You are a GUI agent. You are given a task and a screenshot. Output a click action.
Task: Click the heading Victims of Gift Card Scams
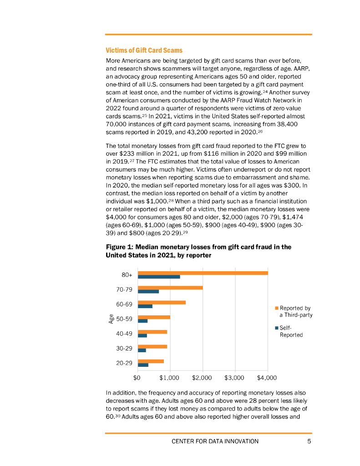144,50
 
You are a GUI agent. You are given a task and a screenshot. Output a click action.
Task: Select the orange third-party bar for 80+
203,273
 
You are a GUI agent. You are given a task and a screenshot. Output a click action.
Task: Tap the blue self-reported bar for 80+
159,277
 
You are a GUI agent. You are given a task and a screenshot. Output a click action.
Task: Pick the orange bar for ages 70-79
170,288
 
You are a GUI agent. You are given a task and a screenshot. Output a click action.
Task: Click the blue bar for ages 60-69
145,306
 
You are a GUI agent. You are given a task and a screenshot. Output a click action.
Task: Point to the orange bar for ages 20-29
151,361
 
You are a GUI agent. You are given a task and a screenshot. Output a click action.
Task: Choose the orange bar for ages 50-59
154,317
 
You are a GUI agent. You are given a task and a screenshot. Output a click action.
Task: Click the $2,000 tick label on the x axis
202,378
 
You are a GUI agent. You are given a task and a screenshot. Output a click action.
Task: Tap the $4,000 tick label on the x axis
267,378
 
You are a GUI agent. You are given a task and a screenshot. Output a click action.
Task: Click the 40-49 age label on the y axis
124,334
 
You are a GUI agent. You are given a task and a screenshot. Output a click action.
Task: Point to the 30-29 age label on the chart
124,349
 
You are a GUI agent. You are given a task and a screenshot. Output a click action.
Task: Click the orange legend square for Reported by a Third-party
277,308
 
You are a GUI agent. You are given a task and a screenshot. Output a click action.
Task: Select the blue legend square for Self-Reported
277,328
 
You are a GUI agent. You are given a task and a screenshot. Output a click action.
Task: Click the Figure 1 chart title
198,251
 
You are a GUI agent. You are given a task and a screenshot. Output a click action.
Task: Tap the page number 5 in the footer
309,441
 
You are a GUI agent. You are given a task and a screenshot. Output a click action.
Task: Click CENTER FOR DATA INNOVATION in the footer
215,441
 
